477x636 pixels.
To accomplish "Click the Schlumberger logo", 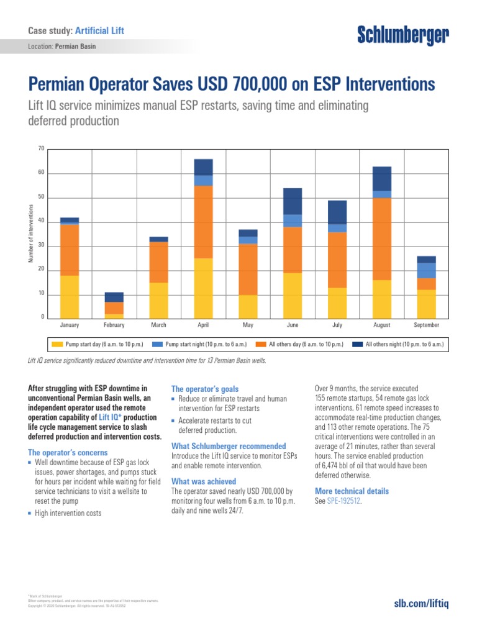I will (x=402, y=37).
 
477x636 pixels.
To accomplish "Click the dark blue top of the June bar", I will (x=293, y=201).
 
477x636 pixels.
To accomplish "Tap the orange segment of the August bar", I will (x=382, y=238).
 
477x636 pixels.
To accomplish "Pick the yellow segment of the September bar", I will (x=426, y=304).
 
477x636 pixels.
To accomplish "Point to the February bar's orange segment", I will (x=114, y=308).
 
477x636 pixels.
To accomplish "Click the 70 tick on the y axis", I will (x=41, y=148).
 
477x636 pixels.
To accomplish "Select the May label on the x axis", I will (x=248, y=325).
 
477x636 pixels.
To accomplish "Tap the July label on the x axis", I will (x=337, y=325).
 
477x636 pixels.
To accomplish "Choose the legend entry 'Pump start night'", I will (x=206, y=343).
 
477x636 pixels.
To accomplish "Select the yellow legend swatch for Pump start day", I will (x=57, y=343).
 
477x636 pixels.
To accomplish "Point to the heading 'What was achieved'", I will (x=204, y=481).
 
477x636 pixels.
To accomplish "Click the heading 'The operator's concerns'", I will (x=68, y=453).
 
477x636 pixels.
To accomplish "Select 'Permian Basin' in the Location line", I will (x=75, y=47).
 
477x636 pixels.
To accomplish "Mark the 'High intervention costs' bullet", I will (x=68, y=513).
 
